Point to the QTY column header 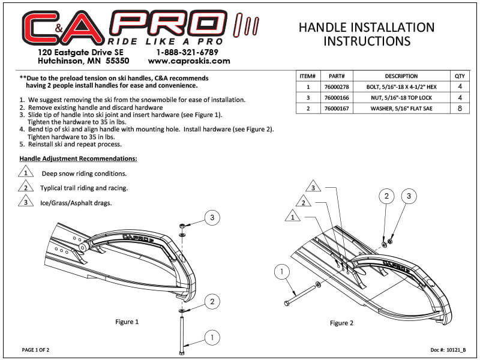point(460,76)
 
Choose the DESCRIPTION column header point(401,76)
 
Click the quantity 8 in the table point(460,108)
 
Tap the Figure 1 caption point(127,322)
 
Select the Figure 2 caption point(341,323)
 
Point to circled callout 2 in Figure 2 point(387,196)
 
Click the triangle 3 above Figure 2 point(313,185)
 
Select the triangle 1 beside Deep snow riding point(25,173)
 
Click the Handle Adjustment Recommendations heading point(78,159)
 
